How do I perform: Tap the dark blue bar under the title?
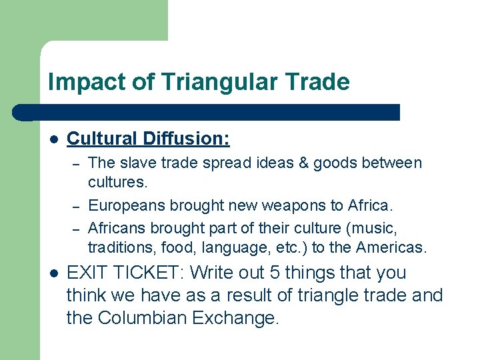(x=213, y=112)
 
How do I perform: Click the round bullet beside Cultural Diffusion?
(x=54, y=139)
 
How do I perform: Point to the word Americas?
(x=392, y=247)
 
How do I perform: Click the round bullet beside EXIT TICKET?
(x=54, y=273)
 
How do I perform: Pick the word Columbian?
(x=142, y=318)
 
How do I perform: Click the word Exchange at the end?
(x=234, y=318)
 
